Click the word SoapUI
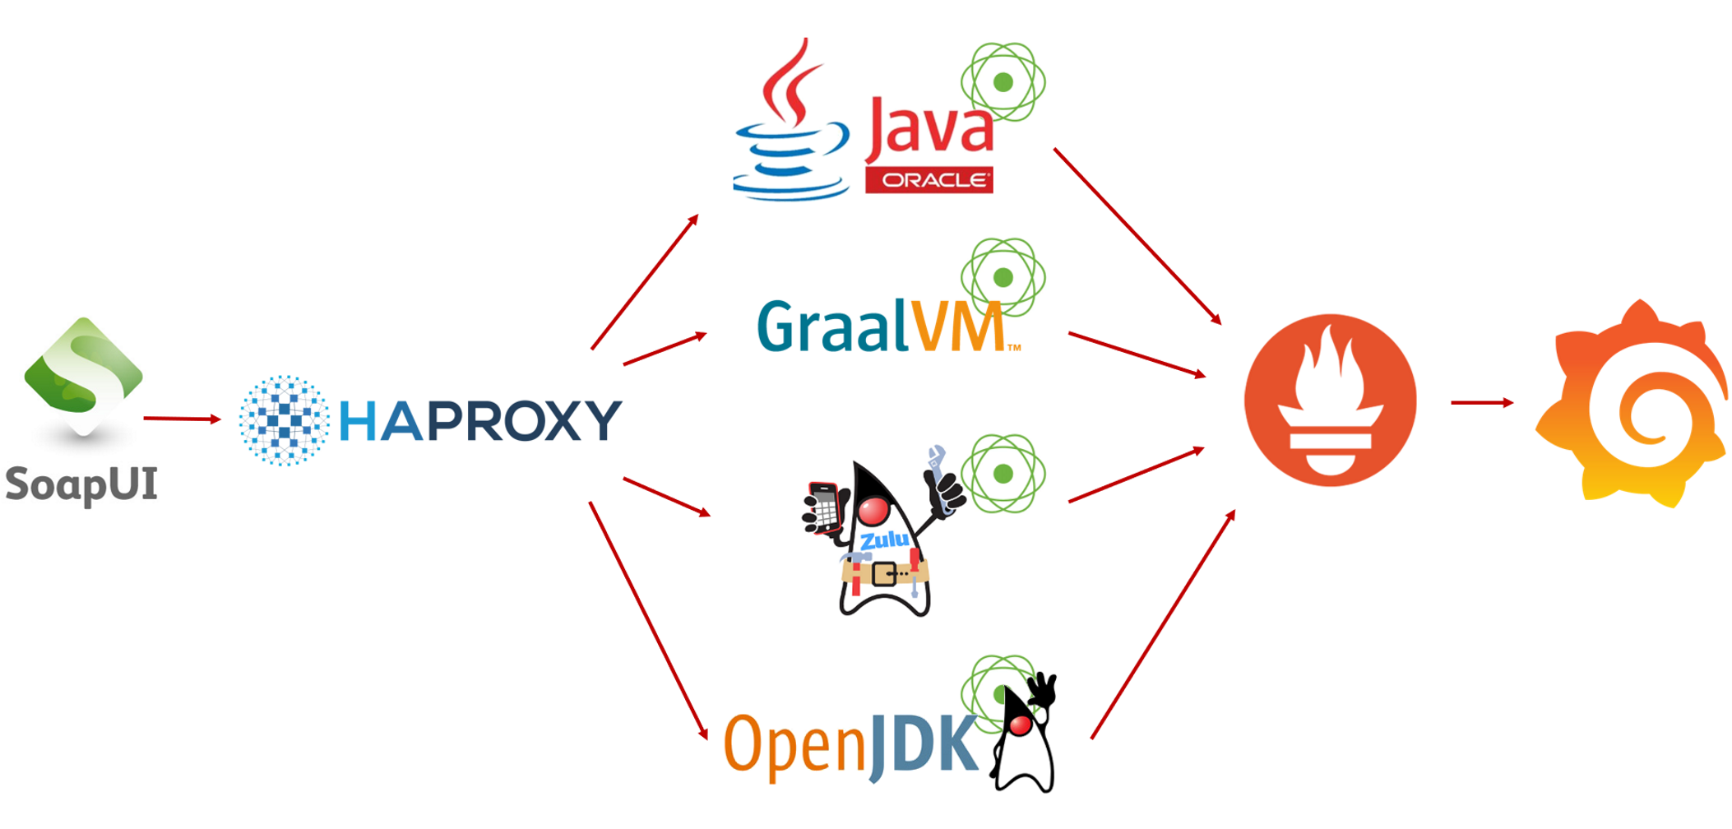(81, 484)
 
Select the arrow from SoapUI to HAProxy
(181, 419)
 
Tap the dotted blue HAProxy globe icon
(284, 420)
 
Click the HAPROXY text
(480, 420)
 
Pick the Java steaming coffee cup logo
(791, 123)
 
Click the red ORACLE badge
(929, 180)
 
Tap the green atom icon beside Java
(1003, 82)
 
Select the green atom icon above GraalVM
(1003, 277)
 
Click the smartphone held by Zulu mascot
(824, 507)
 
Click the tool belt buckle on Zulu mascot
(885, 572)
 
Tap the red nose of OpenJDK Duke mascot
(1020, 725)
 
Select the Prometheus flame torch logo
(1330, 401)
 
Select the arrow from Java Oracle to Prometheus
(1137, 236)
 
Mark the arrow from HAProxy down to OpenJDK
(648, 620)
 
